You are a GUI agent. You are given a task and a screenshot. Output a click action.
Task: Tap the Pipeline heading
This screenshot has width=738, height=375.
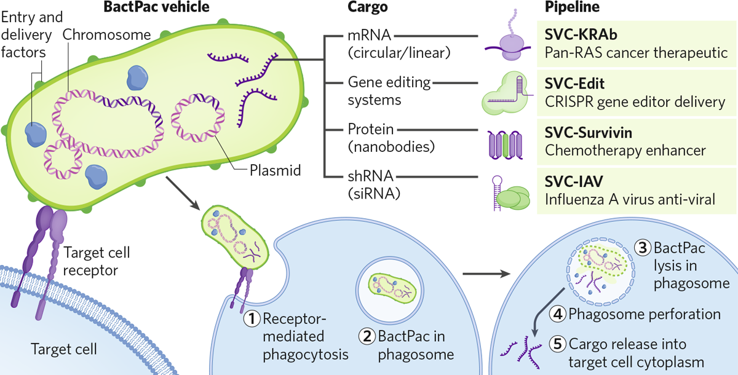coord(573,8)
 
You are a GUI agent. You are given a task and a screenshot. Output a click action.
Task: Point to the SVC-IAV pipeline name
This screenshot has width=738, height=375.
coord(574,181)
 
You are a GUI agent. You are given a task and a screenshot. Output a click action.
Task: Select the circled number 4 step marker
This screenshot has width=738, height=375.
coord(557,314)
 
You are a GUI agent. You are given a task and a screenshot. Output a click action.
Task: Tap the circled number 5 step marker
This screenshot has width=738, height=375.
coord(557,344)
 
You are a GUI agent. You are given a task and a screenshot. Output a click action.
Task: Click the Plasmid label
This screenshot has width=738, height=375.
coord(276,170)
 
